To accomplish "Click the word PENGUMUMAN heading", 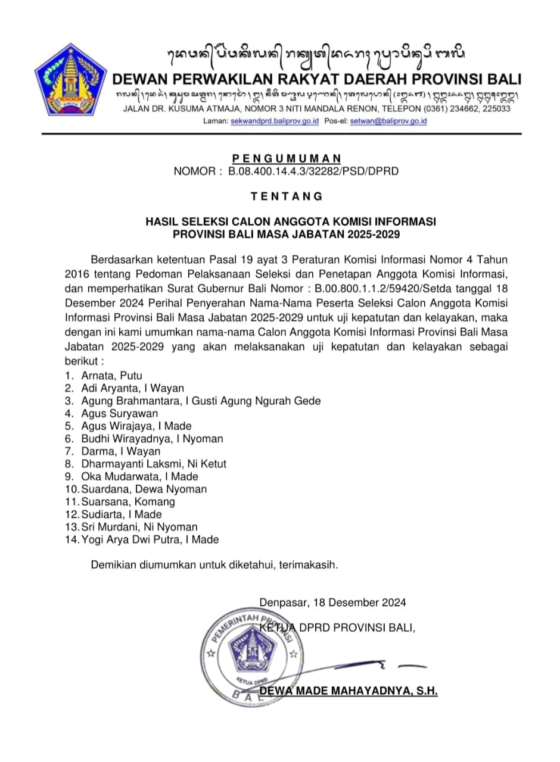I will click(287, 158).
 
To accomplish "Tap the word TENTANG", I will click(287, 196).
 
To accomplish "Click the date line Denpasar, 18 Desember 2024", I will click(332, 602).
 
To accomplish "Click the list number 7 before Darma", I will click(69, 451).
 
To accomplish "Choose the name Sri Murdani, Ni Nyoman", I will click(139, 527).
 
